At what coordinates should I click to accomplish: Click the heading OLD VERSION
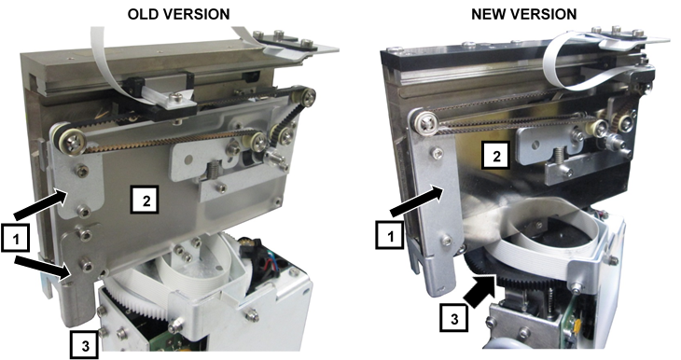tap(178, 14)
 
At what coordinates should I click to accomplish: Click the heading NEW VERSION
tap(523, 14)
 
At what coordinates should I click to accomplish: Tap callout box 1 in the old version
tap(16, 238)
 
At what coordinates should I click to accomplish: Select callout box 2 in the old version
tap(145, 200)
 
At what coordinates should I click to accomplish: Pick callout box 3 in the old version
tap(84, 345)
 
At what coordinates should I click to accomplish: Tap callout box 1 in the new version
tap(390, 235)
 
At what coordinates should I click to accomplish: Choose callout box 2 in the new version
tap(496, 155)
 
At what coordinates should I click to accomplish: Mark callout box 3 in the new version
tap(454, 318)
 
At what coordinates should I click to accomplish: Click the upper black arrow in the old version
tap(40, 205)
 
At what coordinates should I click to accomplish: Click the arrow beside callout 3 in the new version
tap(479, 290)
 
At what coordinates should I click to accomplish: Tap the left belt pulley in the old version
tap(69, 139)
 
